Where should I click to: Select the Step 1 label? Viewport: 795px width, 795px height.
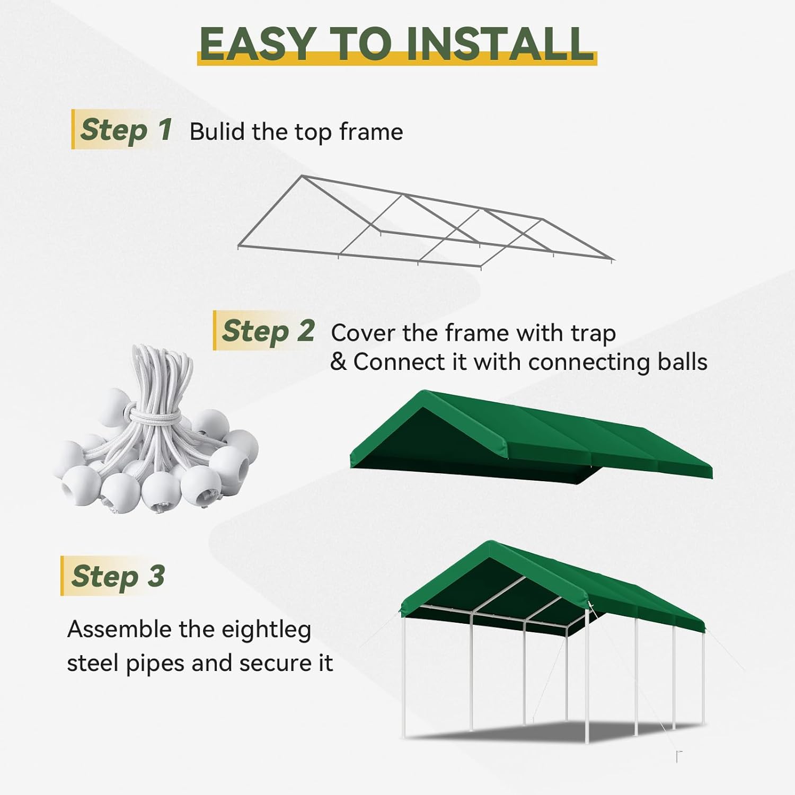point(126,130)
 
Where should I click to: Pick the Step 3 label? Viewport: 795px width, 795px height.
point(118,576)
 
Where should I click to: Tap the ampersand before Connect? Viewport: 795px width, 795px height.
point(338,362)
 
